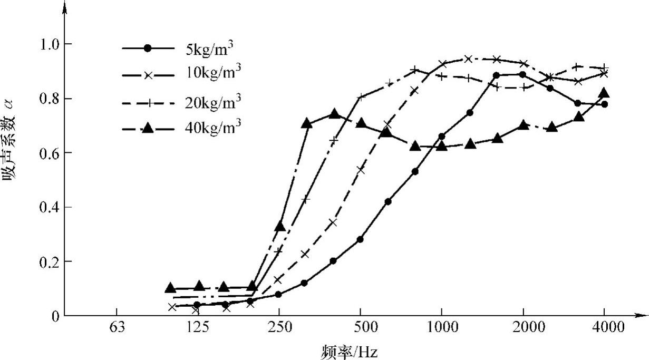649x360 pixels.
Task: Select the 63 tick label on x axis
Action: coord(117,328)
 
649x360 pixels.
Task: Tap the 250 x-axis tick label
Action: coord(279,328)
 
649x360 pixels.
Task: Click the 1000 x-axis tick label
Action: coord(441,328)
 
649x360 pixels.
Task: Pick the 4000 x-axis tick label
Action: coord(604,328)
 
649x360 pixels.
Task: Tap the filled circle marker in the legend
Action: coord(148,48)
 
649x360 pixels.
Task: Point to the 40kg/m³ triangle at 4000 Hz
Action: coord(604,93)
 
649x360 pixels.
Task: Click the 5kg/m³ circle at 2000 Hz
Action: coord(523,74)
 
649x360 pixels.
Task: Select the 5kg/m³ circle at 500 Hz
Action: coord(361,239)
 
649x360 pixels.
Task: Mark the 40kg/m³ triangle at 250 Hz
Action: coord(280,226)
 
